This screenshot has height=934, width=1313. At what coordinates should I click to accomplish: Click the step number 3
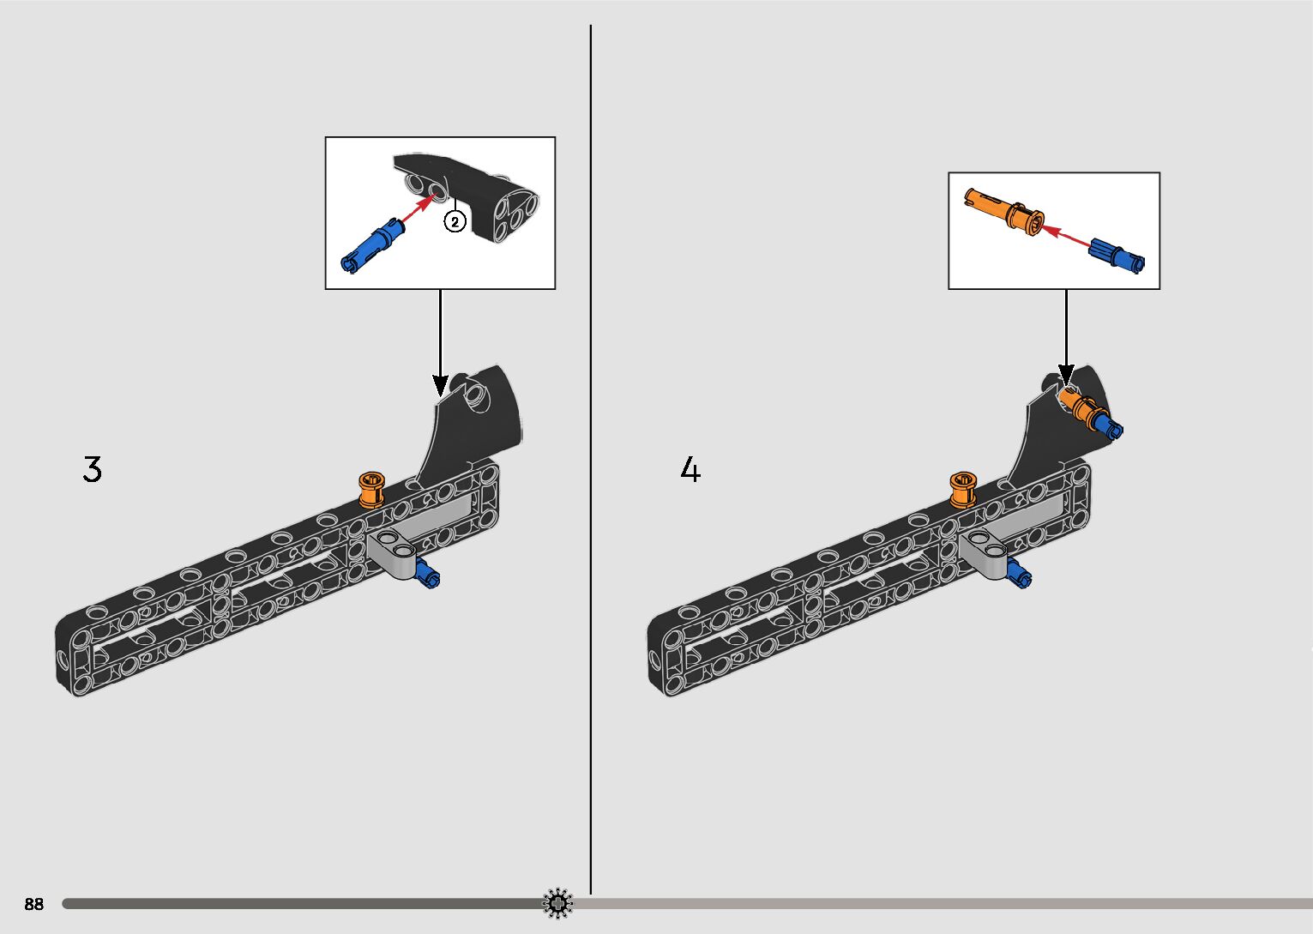click(x=92, y=469)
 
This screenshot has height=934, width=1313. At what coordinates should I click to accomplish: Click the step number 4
click(x=690, y=470)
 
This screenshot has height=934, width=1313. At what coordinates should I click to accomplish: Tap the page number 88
click(x=33, y=904)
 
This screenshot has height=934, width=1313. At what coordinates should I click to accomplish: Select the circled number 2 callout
click(x=455, y=221)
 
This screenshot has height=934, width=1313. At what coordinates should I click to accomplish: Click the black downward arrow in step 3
click(x=440, y=342)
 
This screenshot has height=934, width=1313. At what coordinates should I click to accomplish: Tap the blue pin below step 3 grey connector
click(x=427, y=575)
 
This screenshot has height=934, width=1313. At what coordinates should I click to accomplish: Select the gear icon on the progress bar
click(x=558, y=902)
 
